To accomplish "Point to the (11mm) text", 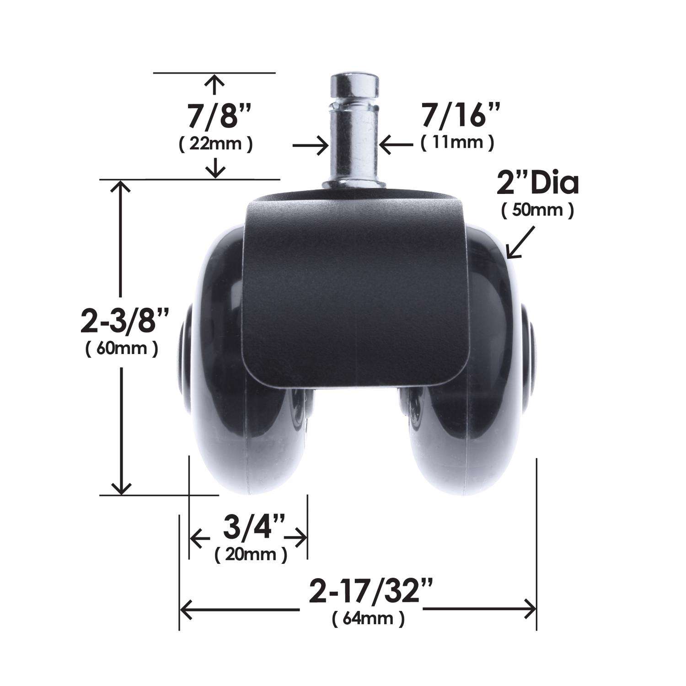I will point(457,143).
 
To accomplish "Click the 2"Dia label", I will point(537,183).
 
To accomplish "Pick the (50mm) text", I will point(537,211).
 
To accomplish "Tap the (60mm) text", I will point(122,348).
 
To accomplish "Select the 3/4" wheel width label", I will point(248,529).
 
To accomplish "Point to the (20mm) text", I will point(251,555).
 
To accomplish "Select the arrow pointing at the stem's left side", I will point(311,146).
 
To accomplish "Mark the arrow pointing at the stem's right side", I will point(396,146).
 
